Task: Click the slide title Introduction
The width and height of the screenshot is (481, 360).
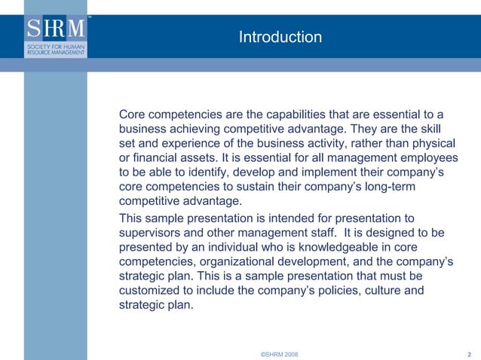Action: pos(280,37)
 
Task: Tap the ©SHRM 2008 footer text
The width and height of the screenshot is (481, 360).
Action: pos(279,353)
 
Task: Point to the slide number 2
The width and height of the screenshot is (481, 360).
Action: pos(470,353)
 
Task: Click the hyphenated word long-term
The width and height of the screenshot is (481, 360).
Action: pos(415,186)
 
